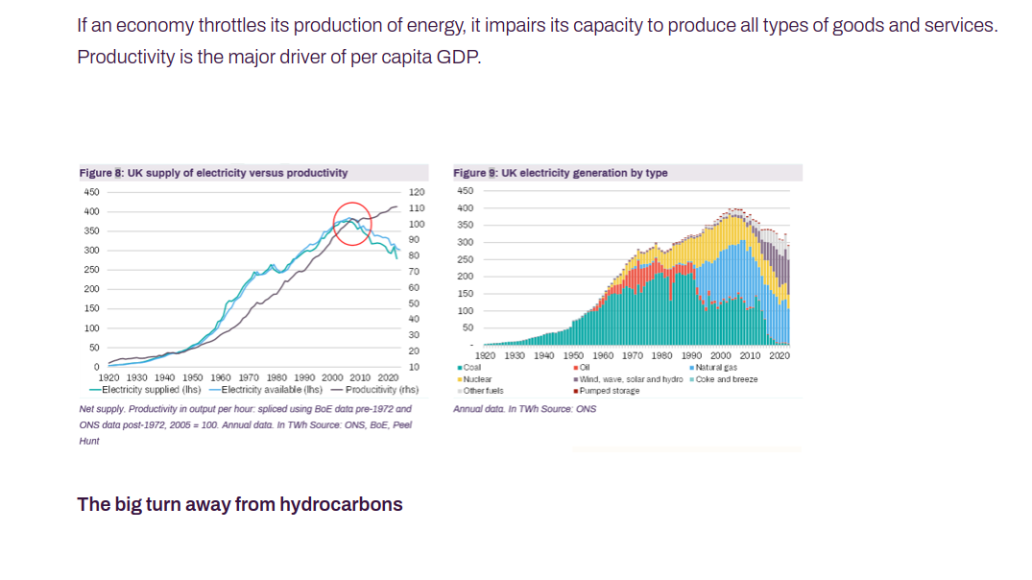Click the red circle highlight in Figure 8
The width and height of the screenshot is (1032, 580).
pos(352,223)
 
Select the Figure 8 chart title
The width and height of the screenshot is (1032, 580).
pos(213,173)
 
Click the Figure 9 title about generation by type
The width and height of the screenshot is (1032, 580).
pos(560,173)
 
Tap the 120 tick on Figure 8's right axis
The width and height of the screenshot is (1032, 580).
pos(416,193)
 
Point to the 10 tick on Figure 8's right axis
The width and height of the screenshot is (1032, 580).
pos(414,367)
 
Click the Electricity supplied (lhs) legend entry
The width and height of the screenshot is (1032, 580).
pos(145,389)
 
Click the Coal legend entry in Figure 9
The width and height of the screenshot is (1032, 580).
pos(470,367)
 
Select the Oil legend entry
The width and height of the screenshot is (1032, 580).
pos(582,367)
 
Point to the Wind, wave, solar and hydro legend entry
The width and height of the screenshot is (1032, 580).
pos(629,379)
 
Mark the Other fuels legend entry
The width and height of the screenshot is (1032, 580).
pos(482,391)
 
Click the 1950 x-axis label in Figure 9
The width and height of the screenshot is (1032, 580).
pos(573,355)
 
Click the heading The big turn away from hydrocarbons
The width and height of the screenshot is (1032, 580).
pos(240,504)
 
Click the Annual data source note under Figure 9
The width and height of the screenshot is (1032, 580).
pos(524,409)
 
